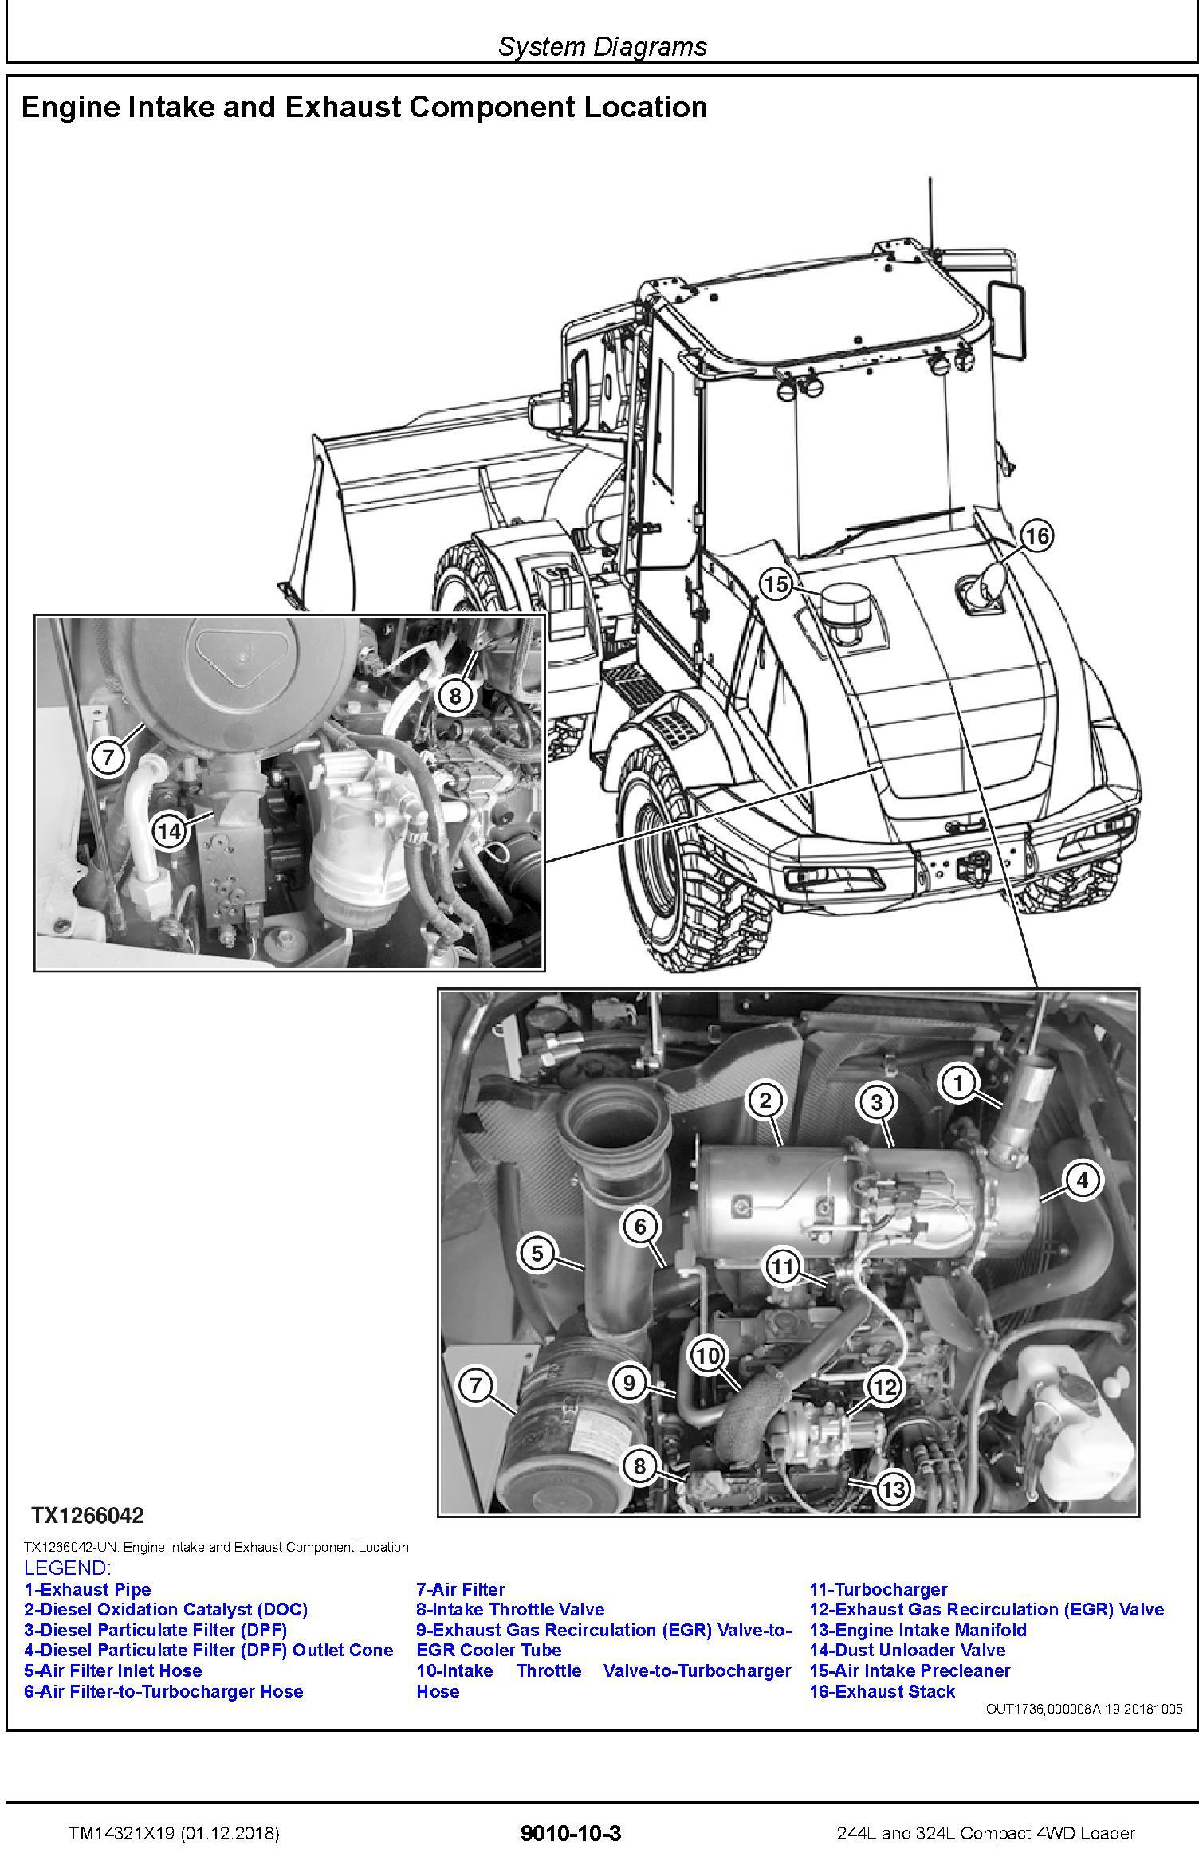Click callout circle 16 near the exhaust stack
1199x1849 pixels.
pyautogui.click(x=1037, y=536)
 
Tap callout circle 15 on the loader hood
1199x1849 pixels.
pyautogui.click(x=776, y=585)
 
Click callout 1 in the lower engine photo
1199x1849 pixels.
pyautogui.click(x=959, y=1083)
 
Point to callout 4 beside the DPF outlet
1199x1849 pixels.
pyautogui.click(x=1082, y=1180)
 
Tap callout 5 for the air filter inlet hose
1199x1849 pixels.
pyautogui.click(x=537, y=1254)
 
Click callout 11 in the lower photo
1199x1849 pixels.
pyautogui.click(x=782, y=1266)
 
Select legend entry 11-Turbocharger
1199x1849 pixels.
pyautogui.click(x=879, y=1590)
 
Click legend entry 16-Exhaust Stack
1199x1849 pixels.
pyautogui.click(x=883, y=1692)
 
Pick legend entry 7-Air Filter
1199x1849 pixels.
pyautogui.click(x=461, y=1590)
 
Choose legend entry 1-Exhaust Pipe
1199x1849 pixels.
pyautogui.click(x=87, y=1590)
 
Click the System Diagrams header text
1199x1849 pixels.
pyautogui.click(x=603, y=46)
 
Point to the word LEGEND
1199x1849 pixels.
pyautogui.click(x=67, y=1568)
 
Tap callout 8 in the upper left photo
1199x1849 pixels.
pyautogui.click(x=454, y=696)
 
